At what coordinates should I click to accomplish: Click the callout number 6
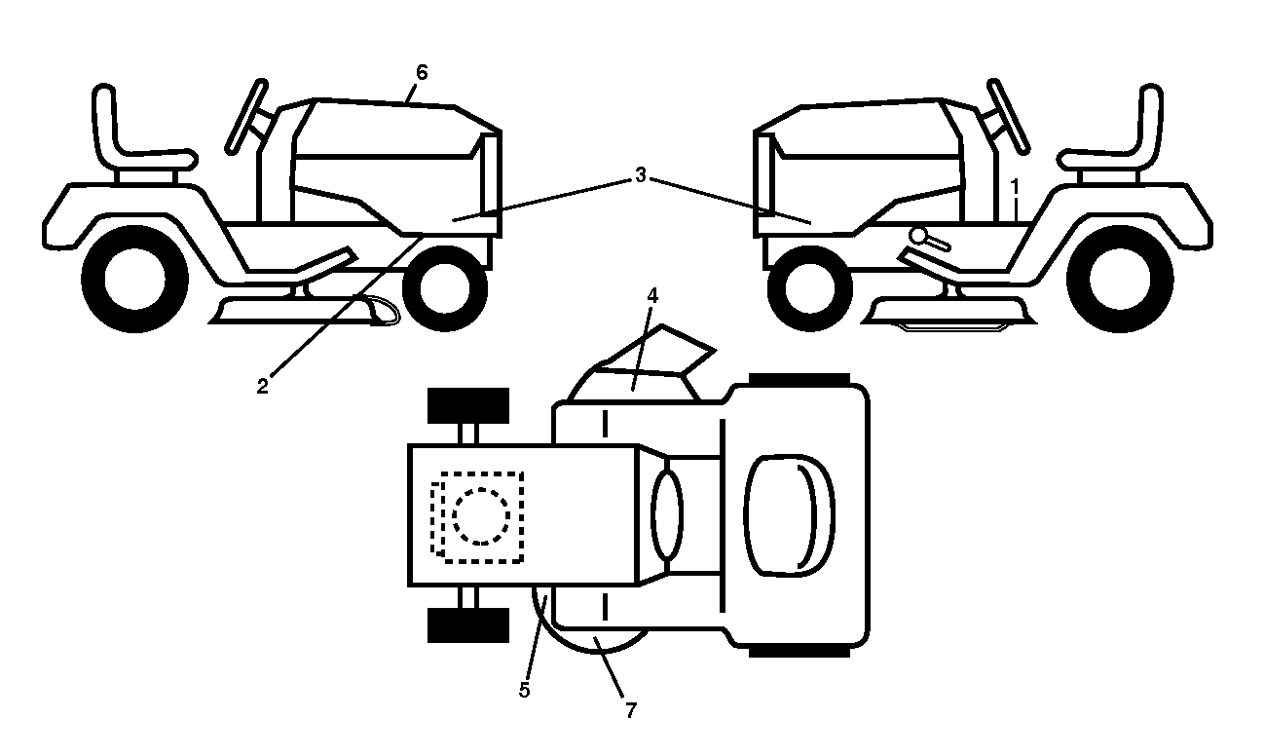click(422, 73)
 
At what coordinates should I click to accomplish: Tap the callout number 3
click(640, 175)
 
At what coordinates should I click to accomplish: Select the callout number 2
click(262, 387)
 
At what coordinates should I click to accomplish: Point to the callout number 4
click(652, 295)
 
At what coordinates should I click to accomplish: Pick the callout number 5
click(525, 690)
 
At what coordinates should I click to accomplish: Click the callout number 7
click(630, 709)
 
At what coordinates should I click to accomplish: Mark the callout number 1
click(1015, 186)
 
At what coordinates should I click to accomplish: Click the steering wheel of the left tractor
click(246, 116)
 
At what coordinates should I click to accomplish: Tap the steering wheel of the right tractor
click(1009, 116)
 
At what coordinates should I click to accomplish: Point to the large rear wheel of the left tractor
click(134, 279)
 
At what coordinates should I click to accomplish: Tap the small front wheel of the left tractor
click(445, 288)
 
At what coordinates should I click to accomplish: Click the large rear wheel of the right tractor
click(1120, 279)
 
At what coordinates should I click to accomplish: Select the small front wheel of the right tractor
click(811, 288)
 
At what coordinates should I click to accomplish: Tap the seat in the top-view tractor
click(790, 516)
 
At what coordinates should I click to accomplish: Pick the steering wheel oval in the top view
click(667, 516)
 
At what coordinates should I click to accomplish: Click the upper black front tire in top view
click(468, 405)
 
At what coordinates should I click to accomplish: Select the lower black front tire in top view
click(468, 625)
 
